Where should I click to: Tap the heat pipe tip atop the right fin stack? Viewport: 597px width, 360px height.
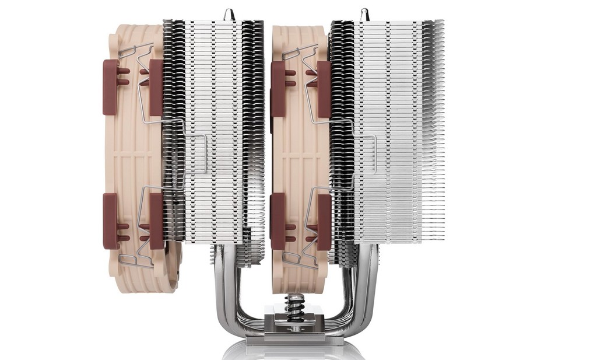point(364,13)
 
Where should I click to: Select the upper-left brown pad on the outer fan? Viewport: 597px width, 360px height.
point(111,86)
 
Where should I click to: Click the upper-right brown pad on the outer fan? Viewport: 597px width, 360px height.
point(156,88)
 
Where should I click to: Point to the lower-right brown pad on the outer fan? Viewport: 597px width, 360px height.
point(156,221)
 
